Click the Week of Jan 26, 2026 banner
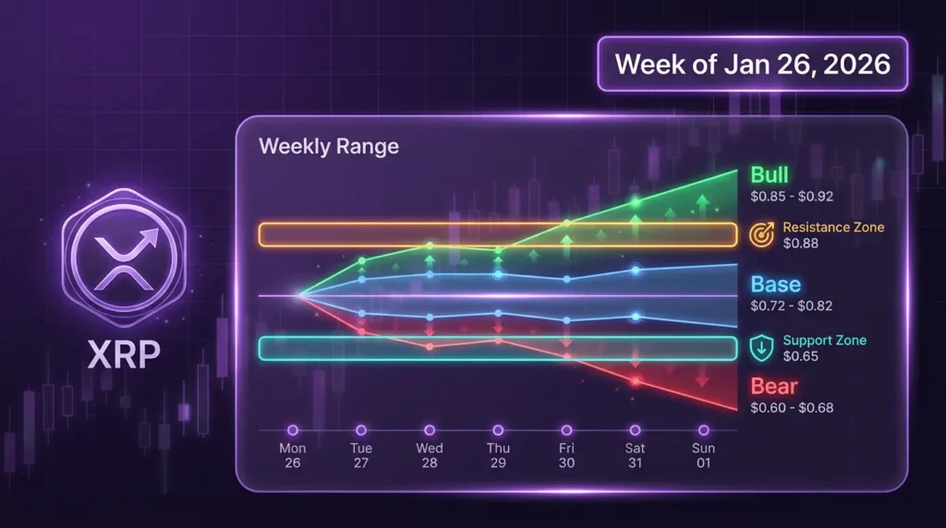752,64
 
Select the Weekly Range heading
329,147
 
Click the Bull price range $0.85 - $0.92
791,196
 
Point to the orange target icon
760,234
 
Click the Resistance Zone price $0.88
800,244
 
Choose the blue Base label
775,284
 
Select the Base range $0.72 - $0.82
791,305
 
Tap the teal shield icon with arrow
760,348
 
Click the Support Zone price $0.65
800,356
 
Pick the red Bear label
773,387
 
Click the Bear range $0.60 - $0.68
791,407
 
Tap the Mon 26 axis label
292,455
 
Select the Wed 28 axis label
430,455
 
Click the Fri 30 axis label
566,455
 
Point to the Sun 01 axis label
703,455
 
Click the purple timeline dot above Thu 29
498,430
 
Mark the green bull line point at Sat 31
635,201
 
